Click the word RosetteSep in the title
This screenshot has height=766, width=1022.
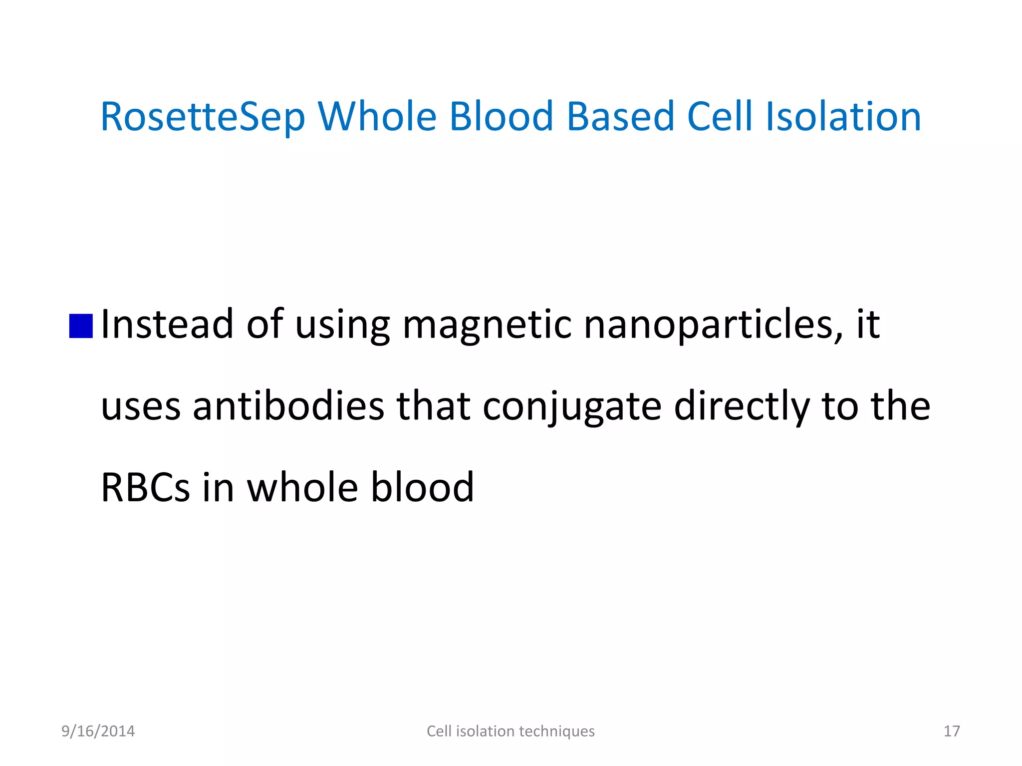(202, 117)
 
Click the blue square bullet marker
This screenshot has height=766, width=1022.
(81, 326)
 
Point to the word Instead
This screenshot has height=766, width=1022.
(167, 324)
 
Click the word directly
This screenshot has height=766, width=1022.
(742, 406)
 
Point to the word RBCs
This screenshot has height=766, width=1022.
(145, 487)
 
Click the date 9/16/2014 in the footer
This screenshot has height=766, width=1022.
(98, 731)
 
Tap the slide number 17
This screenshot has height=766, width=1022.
(951, 731)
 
